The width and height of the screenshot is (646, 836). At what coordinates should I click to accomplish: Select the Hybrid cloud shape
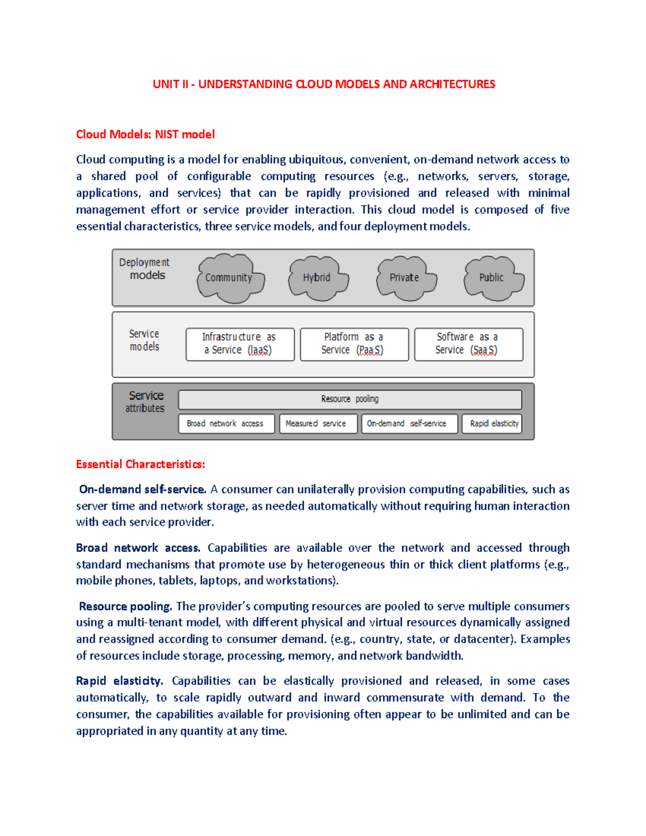318,278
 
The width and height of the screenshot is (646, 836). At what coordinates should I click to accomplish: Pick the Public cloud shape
493,278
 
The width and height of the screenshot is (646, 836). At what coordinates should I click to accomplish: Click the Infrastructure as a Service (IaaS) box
240,344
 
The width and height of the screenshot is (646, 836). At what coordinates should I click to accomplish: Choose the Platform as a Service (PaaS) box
354,344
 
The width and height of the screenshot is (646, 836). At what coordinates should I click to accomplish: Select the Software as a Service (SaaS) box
468,344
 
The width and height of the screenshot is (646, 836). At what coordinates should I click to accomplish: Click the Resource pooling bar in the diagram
350,399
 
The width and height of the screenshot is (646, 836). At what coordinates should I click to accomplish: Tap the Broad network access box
226,424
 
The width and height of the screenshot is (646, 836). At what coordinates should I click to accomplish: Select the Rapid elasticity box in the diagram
492,424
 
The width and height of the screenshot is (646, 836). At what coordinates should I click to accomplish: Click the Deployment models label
144,269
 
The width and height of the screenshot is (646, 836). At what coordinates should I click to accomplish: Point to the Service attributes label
145,402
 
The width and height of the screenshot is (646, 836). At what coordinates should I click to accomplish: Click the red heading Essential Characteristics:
141,464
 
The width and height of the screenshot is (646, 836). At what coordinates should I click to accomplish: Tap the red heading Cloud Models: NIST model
145,135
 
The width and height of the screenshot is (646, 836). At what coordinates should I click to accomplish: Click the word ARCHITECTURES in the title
452,85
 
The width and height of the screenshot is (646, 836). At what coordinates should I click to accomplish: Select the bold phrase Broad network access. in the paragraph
138,548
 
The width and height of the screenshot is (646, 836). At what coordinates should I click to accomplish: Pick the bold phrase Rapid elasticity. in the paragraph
120,681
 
